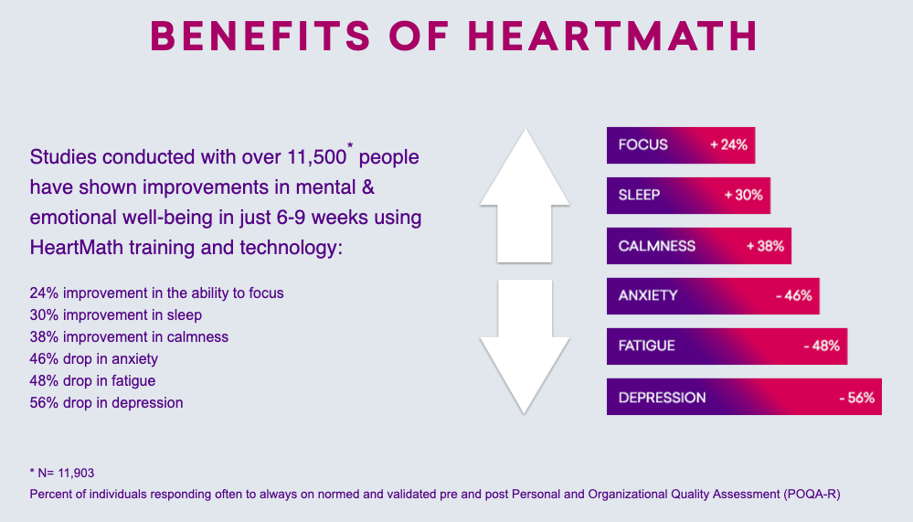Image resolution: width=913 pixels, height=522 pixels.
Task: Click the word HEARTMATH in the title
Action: tap(612, 37)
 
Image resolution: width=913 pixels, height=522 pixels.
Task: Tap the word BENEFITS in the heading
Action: tap(260, 37)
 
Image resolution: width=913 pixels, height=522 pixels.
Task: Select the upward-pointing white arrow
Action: tap(525, 196)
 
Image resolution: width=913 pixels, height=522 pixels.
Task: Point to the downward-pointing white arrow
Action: tap(525, 346)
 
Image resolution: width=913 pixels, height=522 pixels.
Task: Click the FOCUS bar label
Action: tap(642, 145)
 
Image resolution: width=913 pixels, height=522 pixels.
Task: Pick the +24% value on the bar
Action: tap(728, 145)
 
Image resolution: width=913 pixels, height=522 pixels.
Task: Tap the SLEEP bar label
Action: tap(639, 195)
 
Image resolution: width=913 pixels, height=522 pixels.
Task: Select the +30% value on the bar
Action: tap(744, 195)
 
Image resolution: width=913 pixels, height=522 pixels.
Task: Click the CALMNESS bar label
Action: tap(657, 246)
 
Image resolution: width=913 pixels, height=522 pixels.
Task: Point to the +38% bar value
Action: tap(765, 246)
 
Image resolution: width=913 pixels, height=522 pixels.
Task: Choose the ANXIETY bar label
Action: tap(648, 296)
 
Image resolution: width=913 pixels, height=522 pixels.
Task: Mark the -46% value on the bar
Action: tap(794, 296)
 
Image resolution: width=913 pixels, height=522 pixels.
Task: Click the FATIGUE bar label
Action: tap(646, 346)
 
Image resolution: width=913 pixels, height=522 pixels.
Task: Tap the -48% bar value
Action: tap(822, 346)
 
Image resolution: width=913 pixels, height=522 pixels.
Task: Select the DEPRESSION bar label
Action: tap(662, 398)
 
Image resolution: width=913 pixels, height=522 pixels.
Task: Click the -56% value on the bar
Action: tap(857, 398)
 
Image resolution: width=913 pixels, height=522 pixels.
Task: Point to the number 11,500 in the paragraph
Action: tap(317, 157)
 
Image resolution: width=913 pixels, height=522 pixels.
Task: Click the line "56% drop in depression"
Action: tap(107, 402)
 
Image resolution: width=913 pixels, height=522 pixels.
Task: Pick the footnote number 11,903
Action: tap(76, 473)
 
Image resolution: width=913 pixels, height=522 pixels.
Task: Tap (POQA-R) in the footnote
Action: tap(812, 494)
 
